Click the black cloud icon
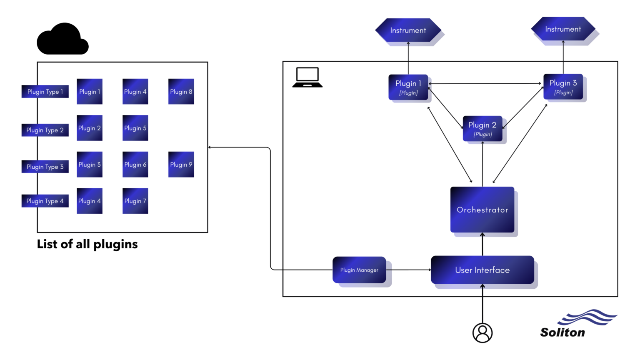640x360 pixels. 62,40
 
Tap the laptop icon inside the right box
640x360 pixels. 307,77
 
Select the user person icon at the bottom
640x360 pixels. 482,333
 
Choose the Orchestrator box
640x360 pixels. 482,210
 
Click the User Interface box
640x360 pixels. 482,270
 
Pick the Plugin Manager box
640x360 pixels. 359,270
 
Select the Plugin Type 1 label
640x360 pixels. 45,92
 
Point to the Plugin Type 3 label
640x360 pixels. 45,167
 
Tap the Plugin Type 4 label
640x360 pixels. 45,201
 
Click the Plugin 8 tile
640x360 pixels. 181,92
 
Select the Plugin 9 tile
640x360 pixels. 181,165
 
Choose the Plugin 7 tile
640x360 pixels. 135,201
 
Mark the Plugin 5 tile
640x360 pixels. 135,128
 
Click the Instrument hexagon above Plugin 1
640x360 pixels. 408,30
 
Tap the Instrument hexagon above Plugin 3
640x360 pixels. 563,29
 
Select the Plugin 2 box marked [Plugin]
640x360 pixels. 482,129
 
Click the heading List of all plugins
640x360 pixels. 87,244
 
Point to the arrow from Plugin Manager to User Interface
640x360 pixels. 408,270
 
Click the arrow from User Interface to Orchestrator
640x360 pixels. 482,245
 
